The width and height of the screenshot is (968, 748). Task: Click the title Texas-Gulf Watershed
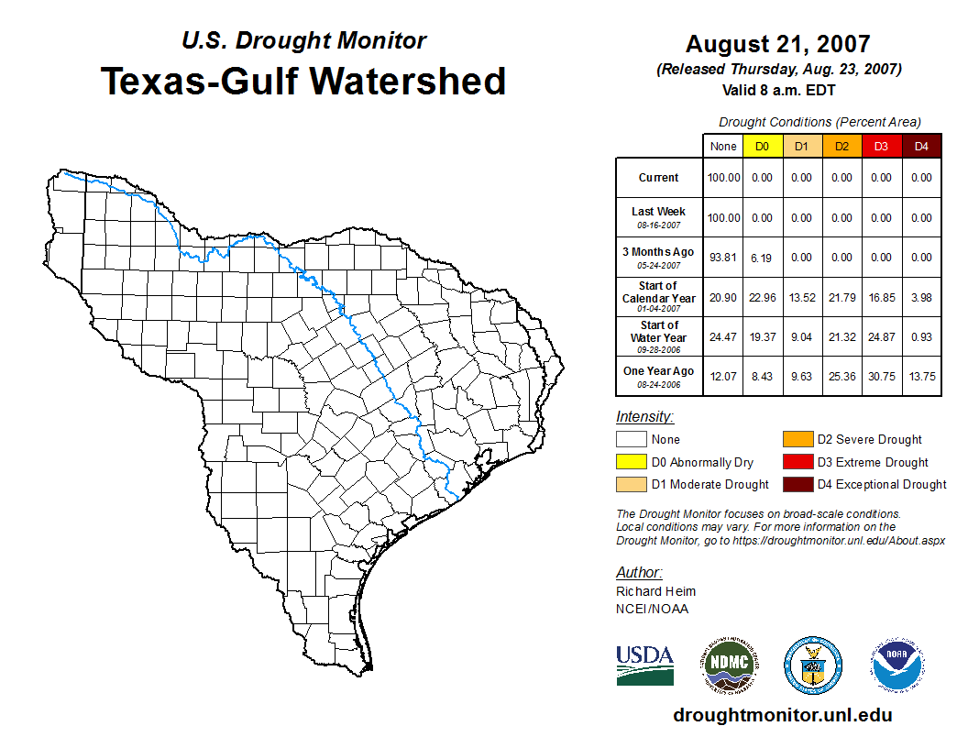click(302, 81)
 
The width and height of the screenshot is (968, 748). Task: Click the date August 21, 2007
click(777, 44)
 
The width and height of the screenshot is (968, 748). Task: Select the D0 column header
click(762, 147)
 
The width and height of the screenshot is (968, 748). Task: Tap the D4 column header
click(921, 147)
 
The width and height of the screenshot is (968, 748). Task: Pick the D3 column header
click(881, 147)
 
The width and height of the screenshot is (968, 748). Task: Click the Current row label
click(659, 178)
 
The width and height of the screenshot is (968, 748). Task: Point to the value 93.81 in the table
click(723, 258)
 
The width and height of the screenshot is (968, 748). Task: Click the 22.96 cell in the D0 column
click(762, 297)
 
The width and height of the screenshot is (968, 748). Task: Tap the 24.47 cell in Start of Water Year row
click(723, 336)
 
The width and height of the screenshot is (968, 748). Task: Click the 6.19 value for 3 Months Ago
click(762, 258)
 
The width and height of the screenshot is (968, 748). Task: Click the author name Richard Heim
click(655, 591)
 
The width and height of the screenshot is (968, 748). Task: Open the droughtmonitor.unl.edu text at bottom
click(782, 715)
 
